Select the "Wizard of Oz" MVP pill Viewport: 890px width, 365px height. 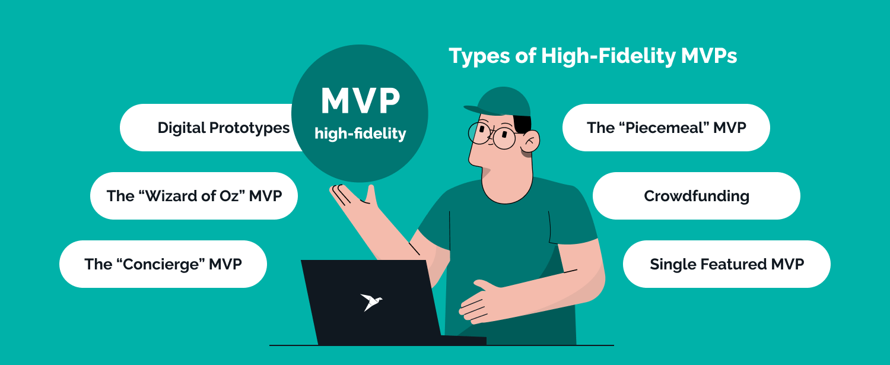pyautogui.click(x=194, y=196)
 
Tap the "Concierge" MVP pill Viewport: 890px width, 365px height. pyautogui.click(x=163, y=264)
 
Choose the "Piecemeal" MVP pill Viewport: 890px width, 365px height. pyautogui.click(x=666, y=128)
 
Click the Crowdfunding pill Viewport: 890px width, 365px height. pyautogui.click(x=696, y=196)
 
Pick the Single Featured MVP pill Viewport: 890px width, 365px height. pyautogui.click(x=726, y=264)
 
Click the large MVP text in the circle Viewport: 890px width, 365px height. pyautogui.click(x=360, y=101)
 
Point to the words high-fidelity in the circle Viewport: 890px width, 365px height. pyautogui.click(x=360, y=134)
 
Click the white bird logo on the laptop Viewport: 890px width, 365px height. pyautogui.click(x=371, y=301)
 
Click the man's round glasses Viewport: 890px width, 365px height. pyautogui.click(x=492, y=135)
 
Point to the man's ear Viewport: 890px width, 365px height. pyautogui.click(x=529, y=142)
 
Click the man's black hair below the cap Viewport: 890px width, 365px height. pyautogui.click(x=523, y=123)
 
